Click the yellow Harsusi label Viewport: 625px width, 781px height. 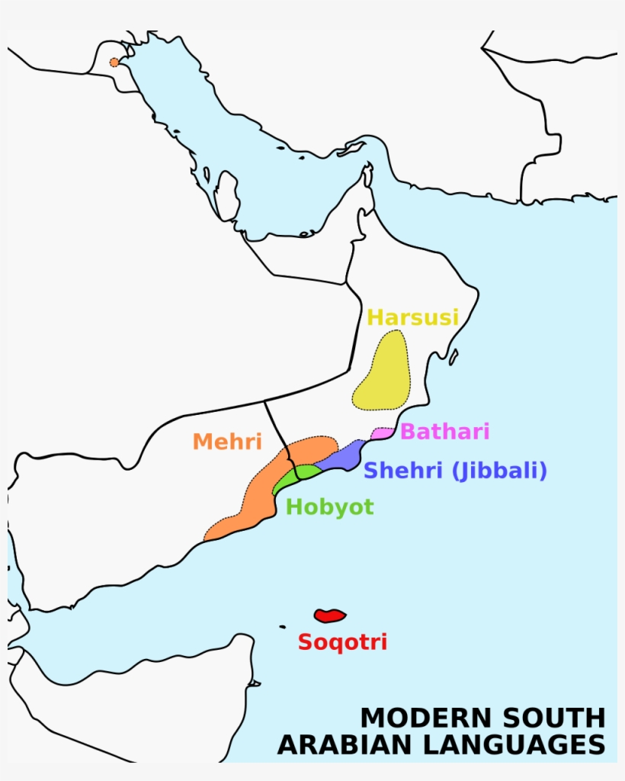(x=413, y=317)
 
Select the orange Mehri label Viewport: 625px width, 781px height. (x=227, y=441)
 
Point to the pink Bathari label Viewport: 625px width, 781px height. (x=444, y=432)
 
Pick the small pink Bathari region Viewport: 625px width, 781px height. (x=382, y=433)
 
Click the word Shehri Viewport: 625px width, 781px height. (x=403, y=471)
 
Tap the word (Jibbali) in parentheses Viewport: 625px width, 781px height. (x=499, y=471)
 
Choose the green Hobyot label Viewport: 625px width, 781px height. (x=330, y=507)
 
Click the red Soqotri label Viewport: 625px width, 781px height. (x=342, y=642)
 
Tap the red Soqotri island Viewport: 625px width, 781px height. (x=330, y=615)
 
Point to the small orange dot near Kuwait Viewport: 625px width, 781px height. (x=114, y=63)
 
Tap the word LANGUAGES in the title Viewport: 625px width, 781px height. (x=508, y=744)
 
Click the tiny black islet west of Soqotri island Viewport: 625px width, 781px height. (x=282, y=627)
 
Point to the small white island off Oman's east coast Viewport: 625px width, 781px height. (x=454, y=356)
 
